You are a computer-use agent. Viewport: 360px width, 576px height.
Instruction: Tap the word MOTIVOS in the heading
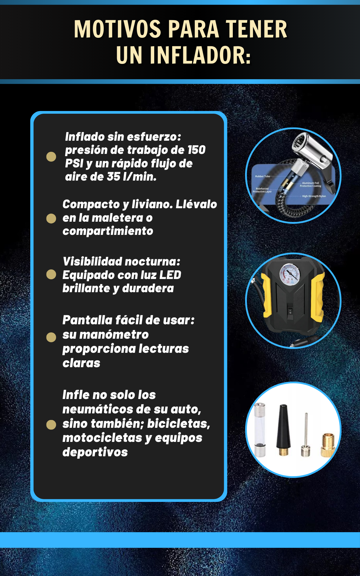[118, 29]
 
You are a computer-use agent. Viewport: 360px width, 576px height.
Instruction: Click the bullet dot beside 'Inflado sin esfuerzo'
[51, 157]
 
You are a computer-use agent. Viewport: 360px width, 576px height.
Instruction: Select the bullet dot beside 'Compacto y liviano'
[51, 218]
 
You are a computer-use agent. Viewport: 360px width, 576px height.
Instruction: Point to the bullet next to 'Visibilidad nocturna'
[51, 274]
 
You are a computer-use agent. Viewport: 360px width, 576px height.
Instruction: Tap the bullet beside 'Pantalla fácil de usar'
[51, 337]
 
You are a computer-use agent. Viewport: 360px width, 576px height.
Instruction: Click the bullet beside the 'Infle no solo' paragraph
[51, 424]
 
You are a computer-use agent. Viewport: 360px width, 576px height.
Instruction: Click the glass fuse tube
[260, 429]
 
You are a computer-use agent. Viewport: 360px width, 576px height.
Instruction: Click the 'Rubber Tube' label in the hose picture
[262, 176]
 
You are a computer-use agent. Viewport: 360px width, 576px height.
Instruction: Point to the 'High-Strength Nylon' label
[314, 196]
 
